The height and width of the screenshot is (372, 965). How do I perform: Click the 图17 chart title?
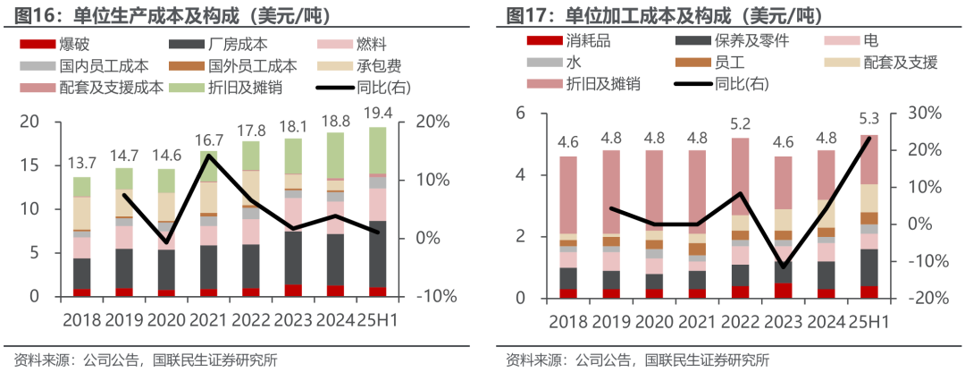665,14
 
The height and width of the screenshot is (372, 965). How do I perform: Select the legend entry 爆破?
72,44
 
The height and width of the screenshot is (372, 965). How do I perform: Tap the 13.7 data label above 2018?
81,163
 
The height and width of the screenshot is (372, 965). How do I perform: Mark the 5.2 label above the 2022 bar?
740,123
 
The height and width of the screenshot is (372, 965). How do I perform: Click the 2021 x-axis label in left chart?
208,319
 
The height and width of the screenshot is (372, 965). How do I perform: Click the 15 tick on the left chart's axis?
29,165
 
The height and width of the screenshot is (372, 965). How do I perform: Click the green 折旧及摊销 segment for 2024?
335,156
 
